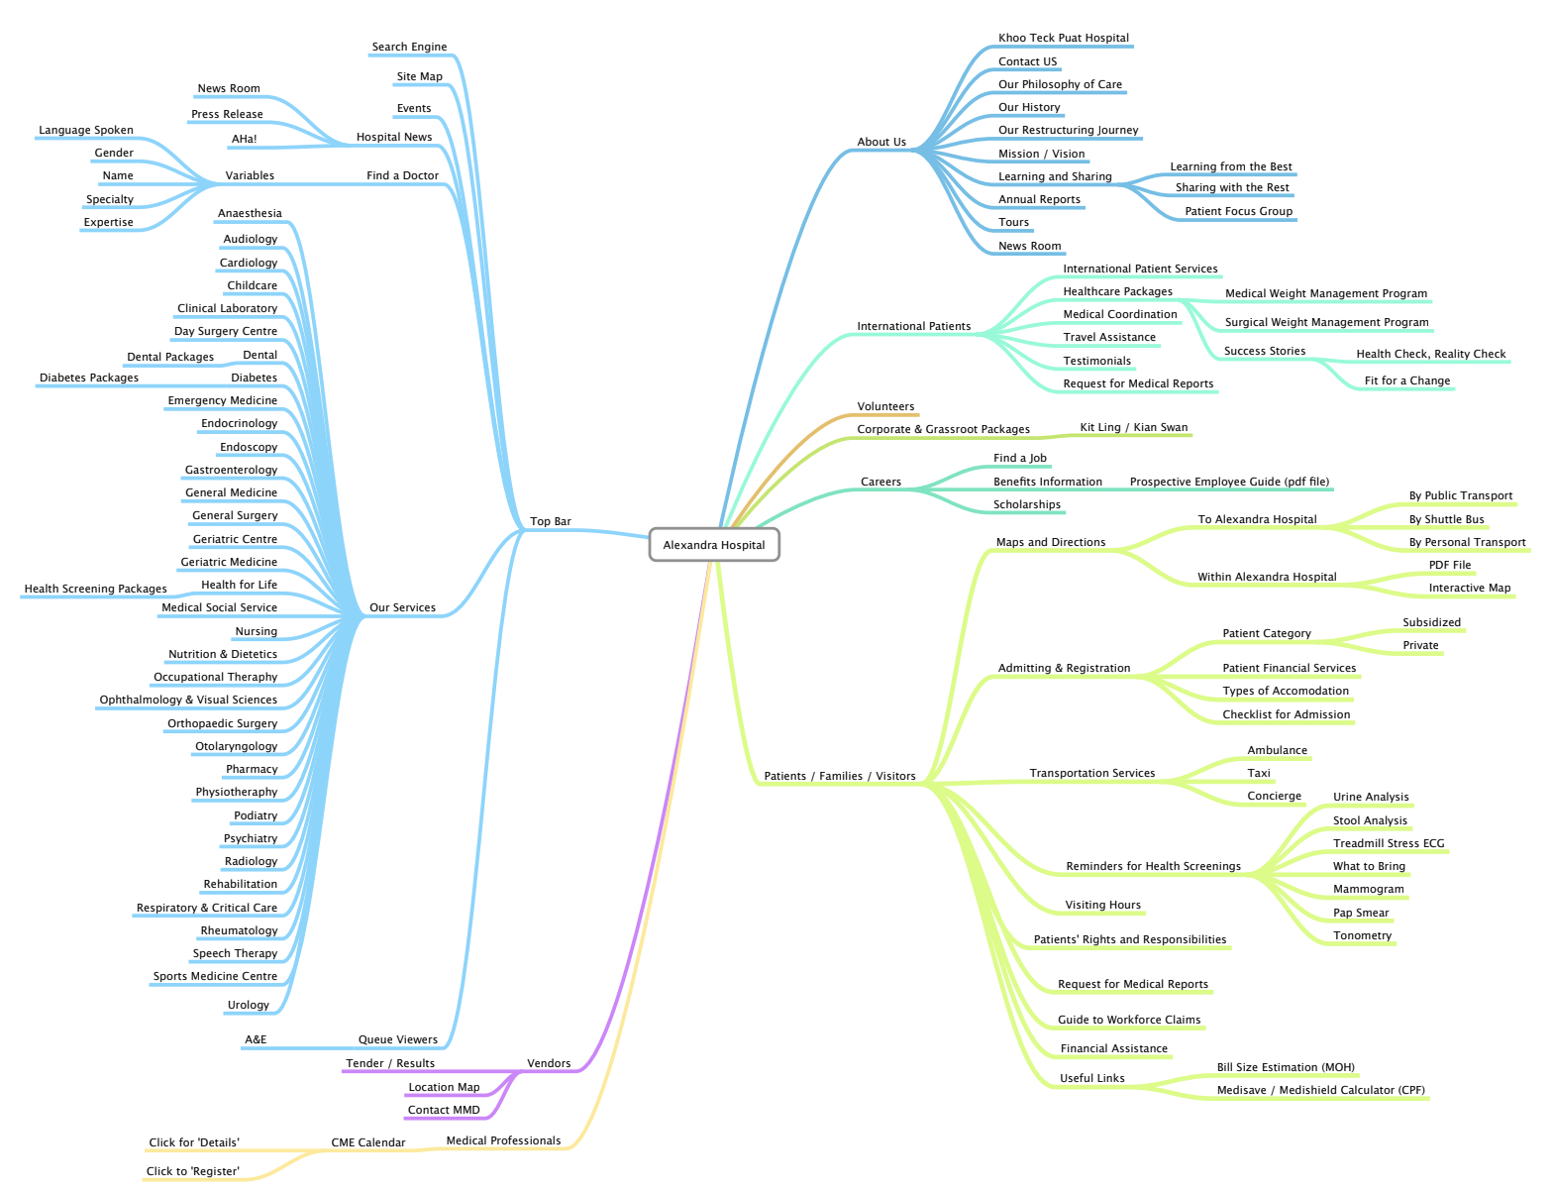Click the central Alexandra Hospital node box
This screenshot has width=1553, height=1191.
pyautogui.click(x=714, y=545)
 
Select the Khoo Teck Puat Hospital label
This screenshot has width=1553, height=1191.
pyautogui.click(x=1063, y=38)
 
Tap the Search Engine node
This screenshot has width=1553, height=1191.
pyautogui.click(x=409, y=47)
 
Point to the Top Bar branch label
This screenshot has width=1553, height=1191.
pyautogui.click(x=550, y=521)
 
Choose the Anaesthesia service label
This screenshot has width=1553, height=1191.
pyautogui.click(x=250, y=213)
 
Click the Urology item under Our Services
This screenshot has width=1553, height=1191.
pyautogui.click(x=248, y=1005)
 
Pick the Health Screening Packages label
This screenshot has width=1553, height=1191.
pyautogui.click(x=95, y=589)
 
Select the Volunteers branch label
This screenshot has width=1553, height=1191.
pyautogui.click(x=885, y=406)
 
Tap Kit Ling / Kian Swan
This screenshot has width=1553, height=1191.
pyautogui.click(x=1133, y=427)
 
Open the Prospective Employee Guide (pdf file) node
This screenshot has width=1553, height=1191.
pyautogui.click(x=1229, y=482)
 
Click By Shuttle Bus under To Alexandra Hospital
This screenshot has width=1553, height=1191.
pyautogui.click(x=1446, y=519)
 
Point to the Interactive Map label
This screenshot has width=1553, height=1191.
pyautogui.click(x=1469, y=588)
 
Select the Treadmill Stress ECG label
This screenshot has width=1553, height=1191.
pyautogui.click(x=1388, y=843)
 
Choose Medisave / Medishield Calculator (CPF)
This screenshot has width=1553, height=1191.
pyautogui.click(x=1320, y=1090)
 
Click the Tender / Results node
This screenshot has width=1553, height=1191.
pyautogui.click(x=389, y=1063)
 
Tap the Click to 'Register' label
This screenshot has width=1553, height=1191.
pyautogui.click(x=192, y=1171)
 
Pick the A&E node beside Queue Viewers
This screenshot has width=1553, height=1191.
pyautogui.click(x=256, y=1039)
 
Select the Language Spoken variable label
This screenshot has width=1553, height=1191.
pyautogui.click(x=85, y=130)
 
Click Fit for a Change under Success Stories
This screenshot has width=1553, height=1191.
pyautogui.click(x=1406, y=380)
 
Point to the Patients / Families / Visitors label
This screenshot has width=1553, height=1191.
pyautogui.click(x=839, y=776)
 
